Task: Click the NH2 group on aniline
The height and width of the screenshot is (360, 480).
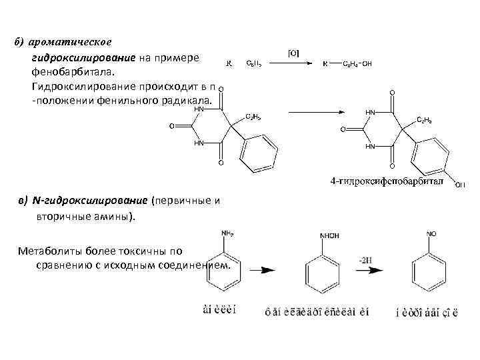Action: pos(227,233)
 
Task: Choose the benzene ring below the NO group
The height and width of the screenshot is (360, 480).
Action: pos(427,272)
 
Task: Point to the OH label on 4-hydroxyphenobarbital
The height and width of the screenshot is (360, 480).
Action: pos(459,185)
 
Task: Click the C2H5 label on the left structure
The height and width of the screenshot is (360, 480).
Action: pos(253,116)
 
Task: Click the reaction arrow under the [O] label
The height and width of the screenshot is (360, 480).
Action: pos(292,64)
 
